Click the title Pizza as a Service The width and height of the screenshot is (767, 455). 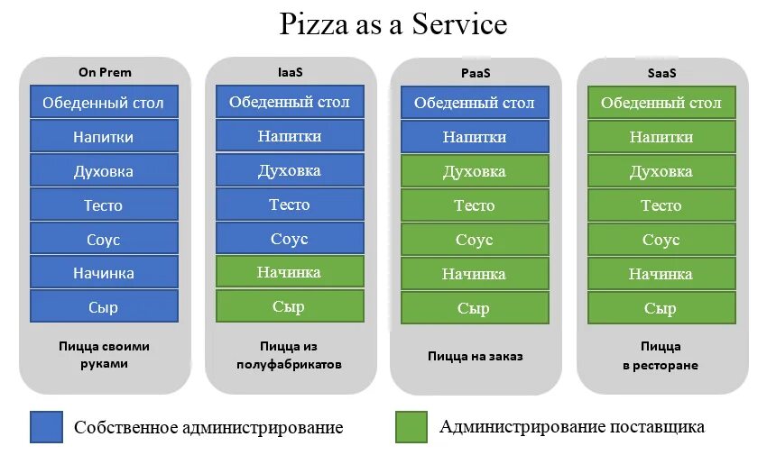(393, 24)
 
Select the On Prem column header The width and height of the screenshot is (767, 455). (105, 72)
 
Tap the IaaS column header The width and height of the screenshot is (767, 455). (290, 72)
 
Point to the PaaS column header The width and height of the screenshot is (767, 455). (475, 72)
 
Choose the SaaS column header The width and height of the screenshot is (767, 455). (661, 72)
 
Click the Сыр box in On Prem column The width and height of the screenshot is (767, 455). (104, 307)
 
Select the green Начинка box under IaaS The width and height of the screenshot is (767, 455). (290, 272)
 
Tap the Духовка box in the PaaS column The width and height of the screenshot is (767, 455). (475, 171)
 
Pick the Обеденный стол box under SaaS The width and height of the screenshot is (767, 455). (661, 103)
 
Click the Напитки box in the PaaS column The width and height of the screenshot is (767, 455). (475, 137)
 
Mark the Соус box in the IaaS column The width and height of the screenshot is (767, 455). (290, 239)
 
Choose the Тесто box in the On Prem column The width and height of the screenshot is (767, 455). (104, 205)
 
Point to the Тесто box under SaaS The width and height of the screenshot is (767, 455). (661, 205)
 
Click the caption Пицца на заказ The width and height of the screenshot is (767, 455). (475, 356)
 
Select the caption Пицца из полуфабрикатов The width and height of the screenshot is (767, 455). (290, 355)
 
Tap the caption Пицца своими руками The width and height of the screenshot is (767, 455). (104, 355)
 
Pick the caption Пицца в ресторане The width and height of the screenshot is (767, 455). (661, 355)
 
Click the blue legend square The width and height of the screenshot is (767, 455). (46, 427)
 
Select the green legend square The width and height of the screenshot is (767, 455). (411, 427)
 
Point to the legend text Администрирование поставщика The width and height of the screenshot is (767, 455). (572, 427)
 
